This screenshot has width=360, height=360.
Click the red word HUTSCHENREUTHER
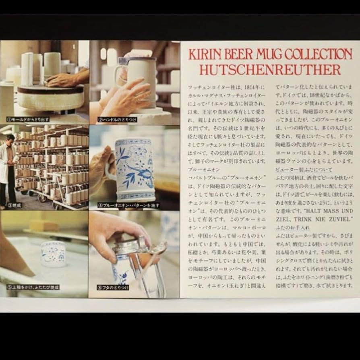point(270,70)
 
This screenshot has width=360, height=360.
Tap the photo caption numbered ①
point(28,119)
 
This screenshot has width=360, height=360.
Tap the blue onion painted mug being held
point(135,169)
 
